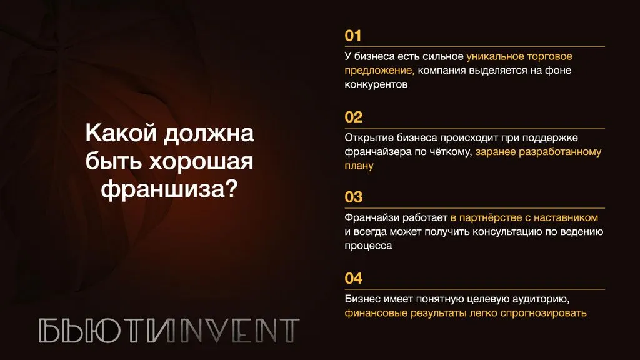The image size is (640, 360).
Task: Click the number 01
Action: click(x=353, y=36)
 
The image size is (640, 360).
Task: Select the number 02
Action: click(x=354, y=117)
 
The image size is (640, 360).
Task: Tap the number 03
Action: click(x=354, y=197)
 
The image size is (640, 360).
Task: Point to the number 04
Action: click(x=354, y=278)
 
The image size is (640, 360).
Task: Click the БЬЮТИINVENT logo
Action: click(x=169, y=331)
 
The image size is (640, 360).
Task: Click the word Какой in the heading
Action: click(x=121, y=133)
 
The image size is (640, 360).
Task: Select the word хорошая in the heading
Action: click(x=201, y=162)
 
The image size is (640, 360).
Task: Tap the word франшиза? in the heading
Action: click(x=169, y=189)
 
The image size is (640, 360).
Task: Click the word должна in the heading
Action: click(x=209, y=134)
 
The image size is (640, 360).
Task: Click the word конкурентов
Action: click(x=376, y=84)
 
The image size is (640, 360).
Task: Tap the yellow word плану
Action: click(x=359, y=166)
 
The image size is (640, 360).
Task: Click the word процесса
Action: click(x=368, y=246)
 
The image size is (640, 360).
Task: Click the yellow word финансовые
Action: click(x=376, y=313)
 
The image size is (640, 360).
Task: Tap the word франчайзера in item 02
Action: click(x=378, y=152)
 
